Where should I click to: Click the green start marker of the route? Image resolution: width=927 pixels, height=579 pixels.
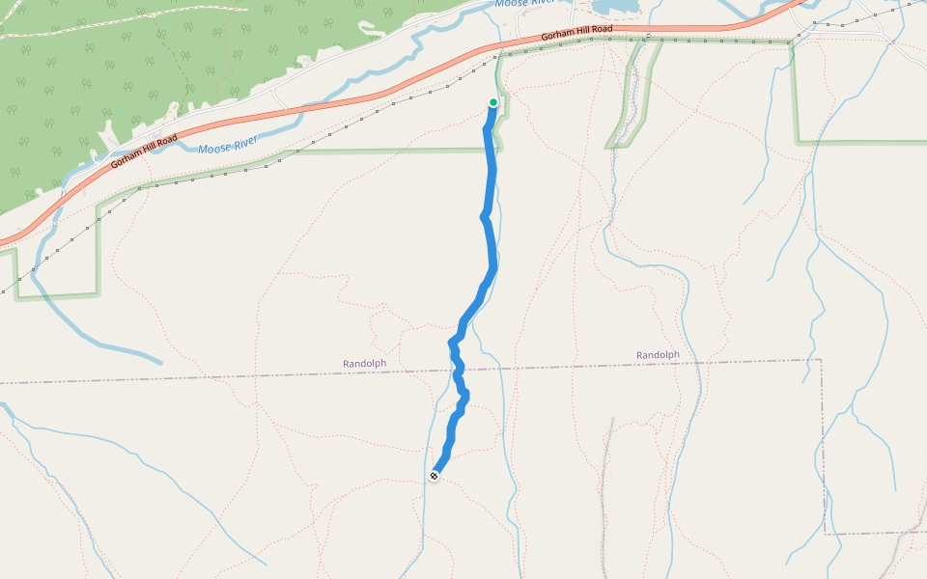pyautogui.click(x=493, y=102)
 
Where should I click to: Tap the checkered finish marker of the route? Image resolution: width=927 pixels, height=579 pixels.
pyautogui.click(x=435, y=476)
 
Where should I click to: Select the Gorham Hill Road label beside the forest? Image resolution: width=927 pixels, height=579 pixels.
pyautogui.click(x=144, y=152)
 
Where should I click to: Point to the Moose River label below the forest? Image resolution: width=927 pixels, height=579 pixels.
pyautogui.click(x=228, y=146)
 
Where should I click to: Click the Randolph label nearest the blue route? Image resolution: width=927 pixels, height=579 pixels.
pyautogui.click(x=364, y=363)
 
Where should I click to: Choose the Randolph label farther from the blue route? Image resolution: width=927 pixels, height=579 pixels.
pyautogui.click(x=658, y=355)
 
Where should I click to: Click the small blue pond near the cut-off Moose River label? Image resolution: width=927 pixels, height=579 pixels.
pyautogui.click(x=615, y=8)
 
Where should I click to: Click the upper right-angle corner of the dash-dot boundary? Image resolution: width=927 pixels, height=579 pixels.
pyautogui.click(x=821, y=359)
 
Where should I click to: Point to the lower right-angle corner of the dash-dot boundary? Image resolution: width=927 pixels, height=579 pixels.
pyautogui.click(x=826, y=533)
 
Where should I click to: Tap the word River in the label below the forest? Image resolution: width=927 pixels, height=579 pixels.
pyautogui.click(x=243, y=143)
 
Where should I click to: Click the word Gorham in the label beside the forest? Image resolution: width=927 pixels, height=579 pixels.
pyautogui.click(x=126, y=158)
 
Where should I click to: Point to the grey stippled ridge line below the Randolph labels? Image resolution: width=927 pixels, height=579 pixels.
pyautogui.click(x=605, y=482)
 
